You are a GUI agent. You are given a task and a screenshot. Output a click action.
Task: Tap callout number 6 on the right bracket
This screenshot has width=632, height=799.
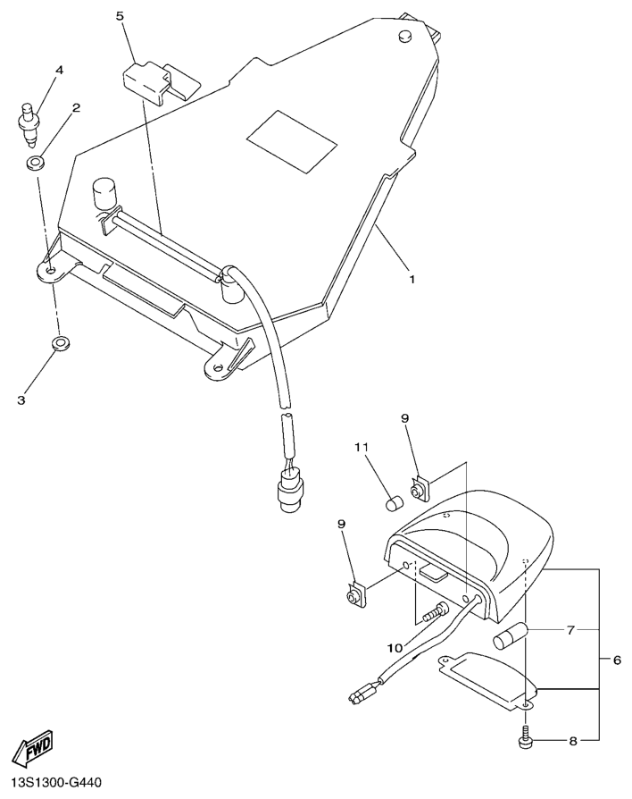[616, 660]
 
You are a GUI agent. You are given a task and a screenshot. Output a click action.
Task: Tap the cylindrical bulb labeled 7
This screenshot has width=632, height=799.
[512, 638]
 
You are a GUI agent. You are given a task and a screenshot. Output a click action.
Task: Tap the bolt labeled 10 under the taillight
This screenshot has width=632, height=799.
[435, 615]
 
